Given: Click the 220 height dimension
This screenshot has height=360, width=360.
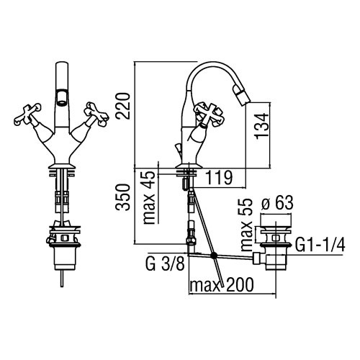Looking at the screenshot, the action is (122, 106).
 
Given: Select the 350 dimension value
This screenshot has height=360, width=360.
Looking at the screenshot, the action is (122, 197).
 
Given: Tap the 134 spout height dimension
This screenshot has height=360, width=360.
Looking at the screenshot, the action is (261, 125).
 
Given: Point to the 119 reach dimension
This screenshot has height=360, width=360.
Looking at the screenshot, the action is (220, 178).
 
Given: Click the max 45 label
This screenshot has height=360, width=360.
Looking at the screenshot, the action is (150, 198).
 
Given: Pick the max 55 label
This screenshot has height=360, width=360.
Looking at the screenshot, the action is (246, 225).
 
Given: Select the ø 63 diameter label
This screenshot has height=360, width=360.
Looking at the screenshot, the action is (276, 203).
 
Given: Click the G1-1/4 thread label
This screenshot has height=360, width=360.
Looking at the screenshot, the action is (320, 245).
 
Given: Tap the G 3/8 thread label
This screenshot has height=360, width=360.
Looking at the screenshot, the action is (166, 264).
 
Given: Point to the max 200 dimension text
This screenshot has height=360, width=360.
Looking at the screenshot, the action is (221, 284).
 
